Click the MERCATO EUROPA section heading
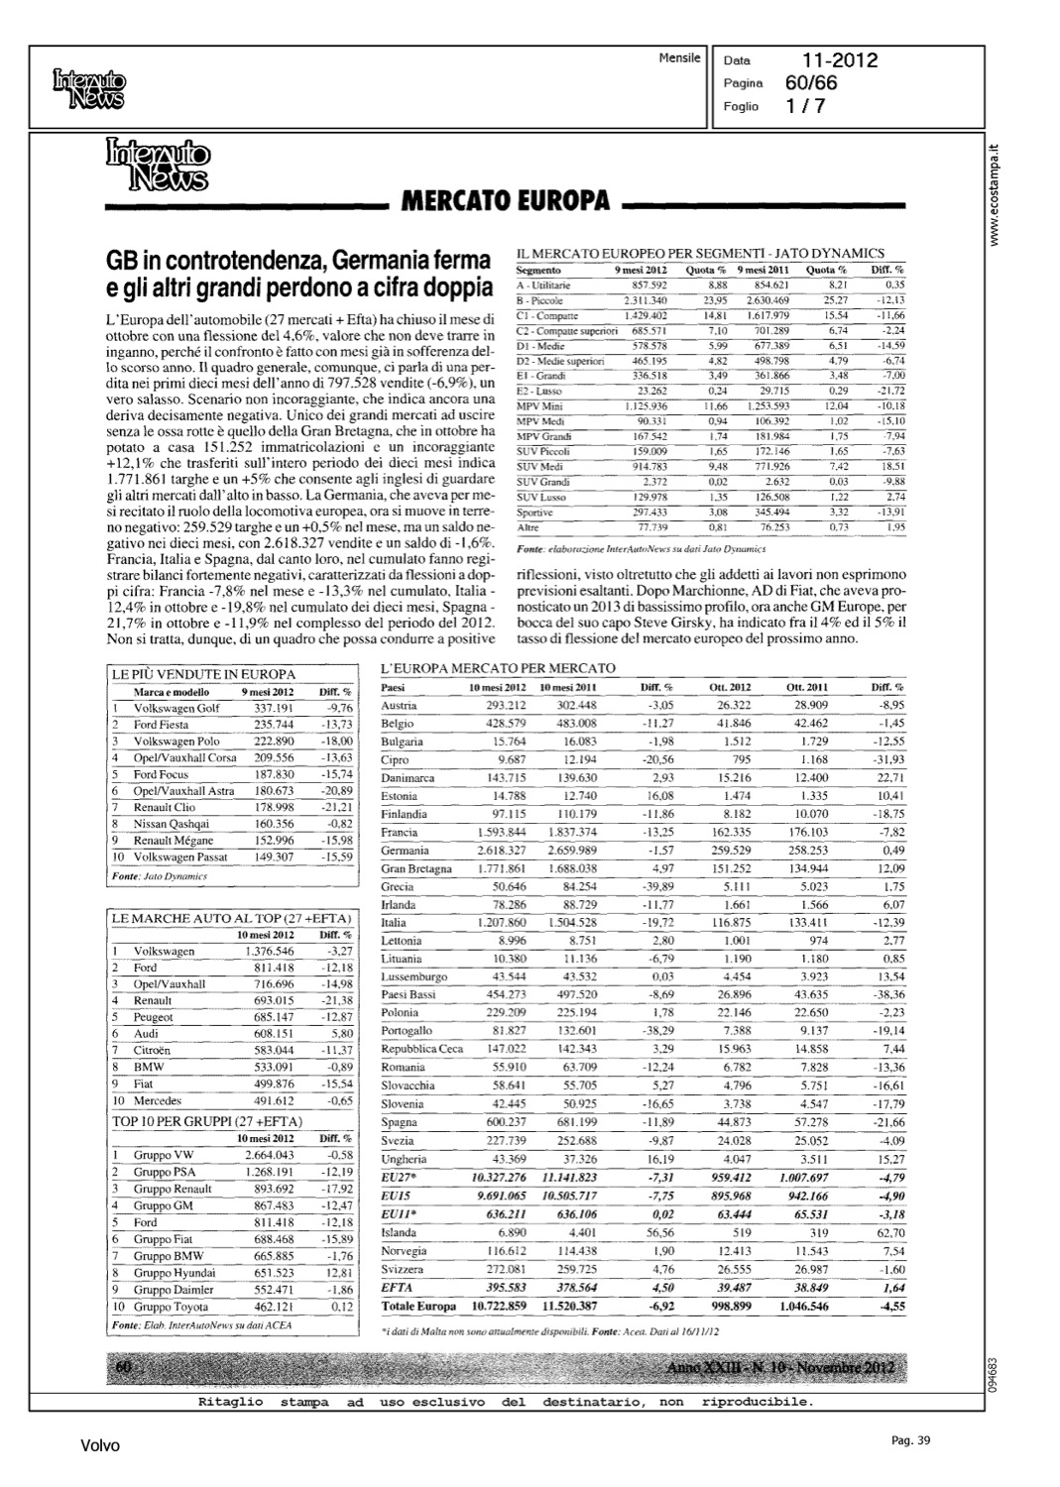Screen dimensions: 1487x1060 click(504, 200)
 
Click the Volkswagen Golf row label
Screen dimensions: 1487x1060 click(177, 708)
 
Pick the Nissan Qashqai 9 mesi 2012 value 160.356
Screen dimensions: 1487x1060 click(268, 824)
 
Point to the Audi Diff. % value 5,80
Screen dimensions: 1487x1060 click(338, 1033)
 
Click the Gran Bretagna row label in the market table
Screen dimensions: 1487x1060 click(416, 869)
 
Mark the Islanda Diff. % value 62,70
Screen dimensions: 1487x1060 click(886, 1233)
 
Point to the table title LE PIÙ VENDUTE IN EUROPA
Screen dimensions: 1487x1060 click(204, 675)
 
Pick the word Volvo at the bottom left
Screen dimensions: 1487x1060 click(100, 1446)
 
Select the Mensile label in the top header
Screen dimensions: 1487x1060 click(679, 57)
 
